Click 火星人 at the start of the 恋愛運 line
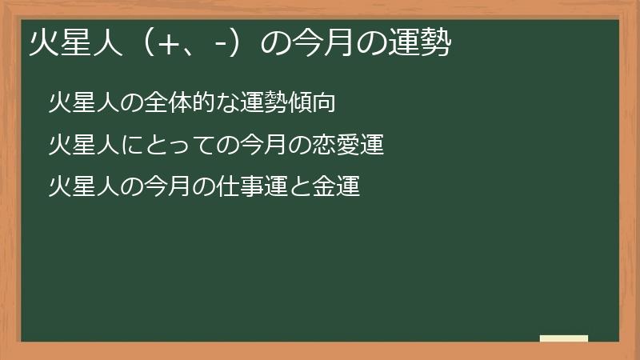[x=82, y=146]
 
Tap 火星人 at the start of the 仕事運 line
[x=82, y=187]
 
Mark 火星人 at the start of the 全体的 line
[x=82, y=104]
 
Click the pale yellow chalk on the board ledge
[x=564, y=339]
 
